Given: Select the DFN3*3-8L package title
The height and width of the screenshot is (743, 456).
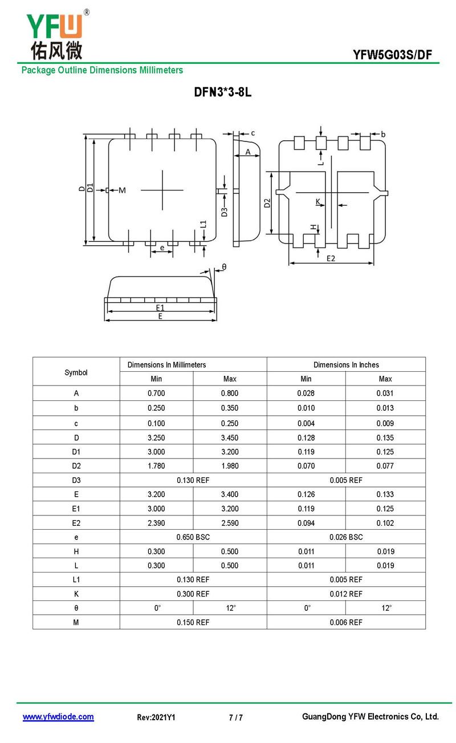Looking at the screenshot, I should [223, 93].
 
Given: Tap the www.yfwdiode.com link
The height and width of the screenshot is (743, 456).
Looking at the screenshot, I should [58, 717].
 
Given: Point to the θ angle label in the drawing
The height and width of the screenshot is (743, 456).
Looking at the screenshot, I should [224, 267].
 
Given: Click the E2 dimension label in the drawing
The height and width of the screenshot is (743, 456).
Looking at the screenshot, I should [331, 258].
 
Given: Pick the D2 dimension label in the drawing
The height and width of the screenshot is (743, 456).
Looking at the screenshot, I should [267, 202].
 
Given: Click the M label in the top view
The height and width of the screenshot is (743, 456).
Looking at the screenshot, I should [122, 190].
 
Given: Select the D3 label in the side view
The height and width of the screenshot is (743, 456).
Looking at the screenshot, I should [225, 212].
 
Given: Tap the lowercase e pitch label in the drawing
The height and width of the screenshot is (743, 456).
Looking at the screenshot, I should [162, 247].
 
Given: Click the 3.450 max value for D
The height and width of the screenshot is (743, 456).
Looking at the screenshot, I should [230, 438].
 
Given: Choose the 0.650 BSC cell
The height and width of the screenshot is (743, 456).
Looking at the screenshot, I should [193, 537].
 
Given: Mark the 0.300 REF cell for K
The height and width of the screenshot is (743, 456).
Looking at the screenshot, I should [193, 594].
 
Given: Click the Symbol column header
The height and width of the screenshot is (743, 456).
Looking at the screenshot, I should [76, 372].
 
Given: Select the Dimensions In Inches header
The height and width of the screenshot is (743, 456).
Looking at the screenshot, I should [346, 365].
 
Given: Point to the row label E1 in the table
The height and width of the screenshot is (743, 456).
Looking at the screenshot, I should [76, 509].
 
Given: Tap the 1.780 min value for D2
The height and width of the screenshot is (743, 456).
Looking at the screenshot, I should [156, 466].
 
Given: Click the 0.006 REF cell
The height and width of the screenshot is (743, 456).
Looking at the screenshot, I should [346, 622].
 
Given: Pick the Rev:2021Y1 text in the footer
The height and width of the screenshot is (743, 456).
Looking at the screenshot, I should [156, 717].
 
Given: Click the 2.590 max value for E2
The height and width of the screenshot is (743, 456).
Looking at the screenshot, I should [230, 523].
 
